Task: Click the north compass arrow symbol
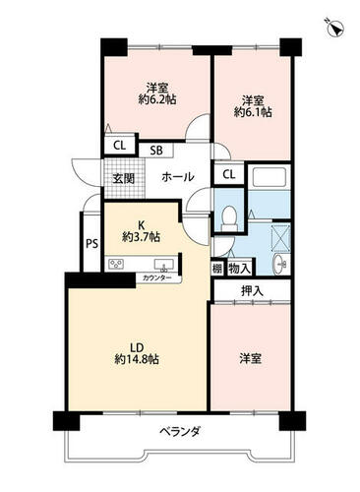334,28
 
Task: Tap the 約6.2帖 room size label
157,99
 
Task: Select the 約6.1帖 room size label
253,112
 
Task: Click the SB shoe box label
156,151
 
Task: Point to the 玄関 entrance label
124,178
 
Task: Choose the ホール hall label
178,177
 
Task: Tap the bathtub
270,177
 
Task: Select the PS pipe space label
92,244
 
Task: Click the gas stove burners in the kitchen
116,264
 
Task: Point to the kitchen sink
164,265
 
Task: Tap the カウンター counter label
156,278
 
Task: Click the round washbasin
279,264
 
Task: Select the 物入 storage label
239,269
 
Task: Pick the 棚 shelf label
217,269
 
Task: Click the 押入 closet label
252,291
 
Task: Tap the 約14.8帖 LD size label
137,359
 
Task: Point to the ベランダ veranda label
180,431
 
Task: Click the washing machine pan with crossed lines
281,236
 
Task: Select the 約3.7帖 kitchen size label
141,237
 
